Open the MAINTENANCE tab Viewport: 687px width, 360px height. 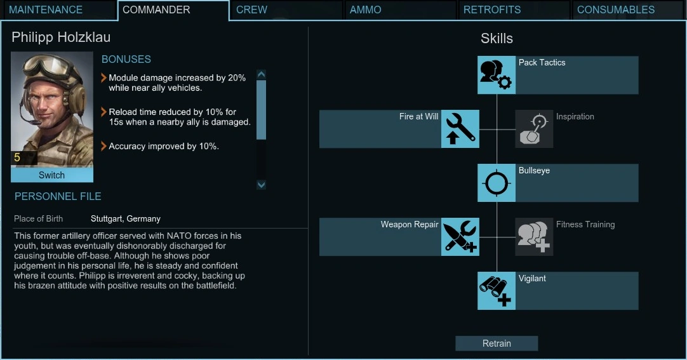pos(46,10)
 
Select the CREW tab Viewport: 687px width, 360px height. pos(251,10)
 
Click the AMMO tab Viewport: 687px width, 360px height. pos(366,10)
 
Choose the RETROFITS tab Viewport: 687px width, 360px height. pos(492,10)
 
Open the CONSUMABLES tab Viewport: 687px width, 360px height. pos(616,10)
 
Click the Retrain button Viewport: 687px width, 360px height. pos(497,343)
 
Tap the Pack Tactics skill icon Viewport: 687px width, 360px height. pos(497,75)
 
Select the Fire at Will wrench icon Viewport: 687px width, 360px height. pos(460,129)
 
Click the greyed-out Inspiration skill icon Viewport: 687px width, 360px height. pos(534,129)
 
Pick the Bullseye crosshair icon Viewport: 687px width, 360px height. pos(497,183)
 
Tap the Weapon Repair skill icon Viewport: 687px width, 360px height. pos(460,237)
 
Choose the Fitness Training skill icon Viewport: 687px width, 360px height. pos(534,237)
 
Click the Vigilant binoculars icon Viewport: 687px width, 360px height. pos(497,291)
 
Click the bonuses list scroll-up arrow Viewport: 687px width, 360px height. pos(261,74)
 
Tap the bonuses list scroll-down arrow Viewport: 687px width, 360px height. pos(261,185)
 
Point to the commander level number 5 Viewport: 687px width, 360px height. pos(17,157)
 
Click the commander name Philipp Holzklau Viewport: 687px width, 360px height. pos(61,37)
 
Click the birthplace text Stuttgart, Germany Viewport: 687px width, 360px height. pos(126,218)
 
